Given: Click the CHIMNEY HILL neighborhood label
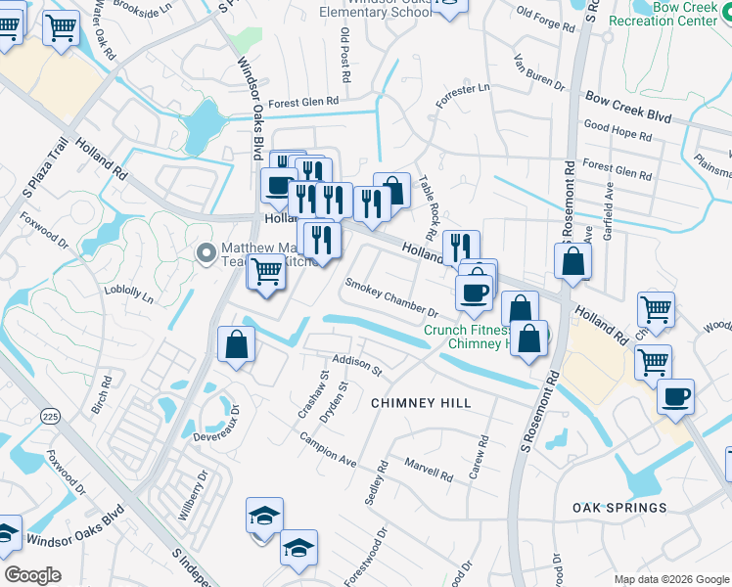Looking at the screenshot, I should [x=421, y=403].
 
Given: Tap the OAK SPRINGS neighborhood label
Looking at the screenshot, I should [x=620, y=508].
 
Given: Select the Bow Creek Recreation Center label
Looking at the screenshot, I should [x=671, y=14].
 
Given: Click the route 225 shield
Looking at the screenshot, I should [x=49, y=416].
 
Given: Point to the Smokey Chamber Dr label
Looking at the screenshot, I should [x=391, y=296].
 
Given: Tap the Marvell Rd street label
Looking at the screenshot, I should [x=429, y=471].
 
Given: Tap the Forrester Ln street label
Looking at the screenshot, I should [x=463, y=97].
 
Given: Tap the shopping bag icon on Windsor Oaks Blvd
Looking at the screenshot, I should [x=237, y=343].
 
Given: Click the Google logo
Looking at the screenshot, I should [x=33, y=575].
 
